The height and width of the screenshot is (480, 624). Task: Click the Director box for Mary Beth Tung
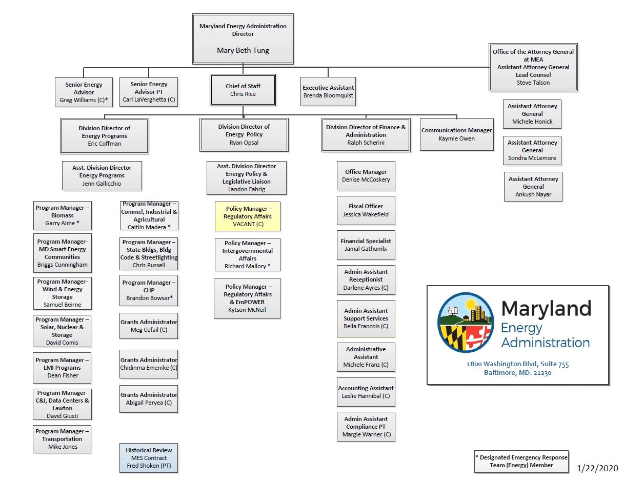243,38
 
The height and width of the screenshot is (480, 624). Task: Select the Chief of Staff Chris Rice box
243,90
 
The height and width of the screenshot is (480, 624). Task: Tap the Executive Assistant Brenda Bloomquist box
328,91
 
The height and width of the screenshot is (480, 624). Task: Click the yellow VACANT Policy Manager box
248,216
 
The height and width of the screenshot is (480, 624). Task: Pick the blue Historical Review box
149,458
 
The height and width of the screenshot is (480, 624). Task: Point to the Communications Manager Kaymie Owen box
456,134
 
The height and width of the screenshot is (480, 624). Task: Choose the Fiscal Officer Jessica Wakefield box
366,210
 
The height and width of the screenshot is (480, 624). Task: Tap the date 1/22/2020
597,468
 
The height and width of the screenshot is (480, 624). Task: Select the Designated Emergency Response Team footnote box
521,461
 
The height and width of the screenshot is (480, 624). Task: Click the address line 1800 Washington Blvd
517,364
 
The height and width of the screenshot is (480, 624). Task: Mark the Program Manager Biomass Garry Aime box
62,215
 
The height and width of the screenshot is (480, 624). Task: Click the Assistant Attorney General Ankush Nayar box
533,187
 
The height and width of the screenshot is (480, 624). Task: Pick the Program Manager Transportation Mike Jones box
62,439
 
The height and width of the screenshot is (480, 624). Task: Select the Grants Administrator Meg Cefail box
149,326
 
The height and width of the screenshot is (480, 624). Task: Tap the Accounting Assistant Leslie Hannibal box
366,392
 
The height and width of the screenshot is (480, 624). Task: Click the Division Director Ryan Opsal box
244,134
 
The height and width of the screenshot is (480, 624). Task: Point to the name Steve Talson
533,83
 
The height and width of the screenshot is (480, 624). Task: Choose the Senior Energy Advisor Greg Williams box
84,92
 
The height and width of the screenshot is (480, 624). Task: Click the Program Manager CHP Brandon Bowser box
149,290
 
